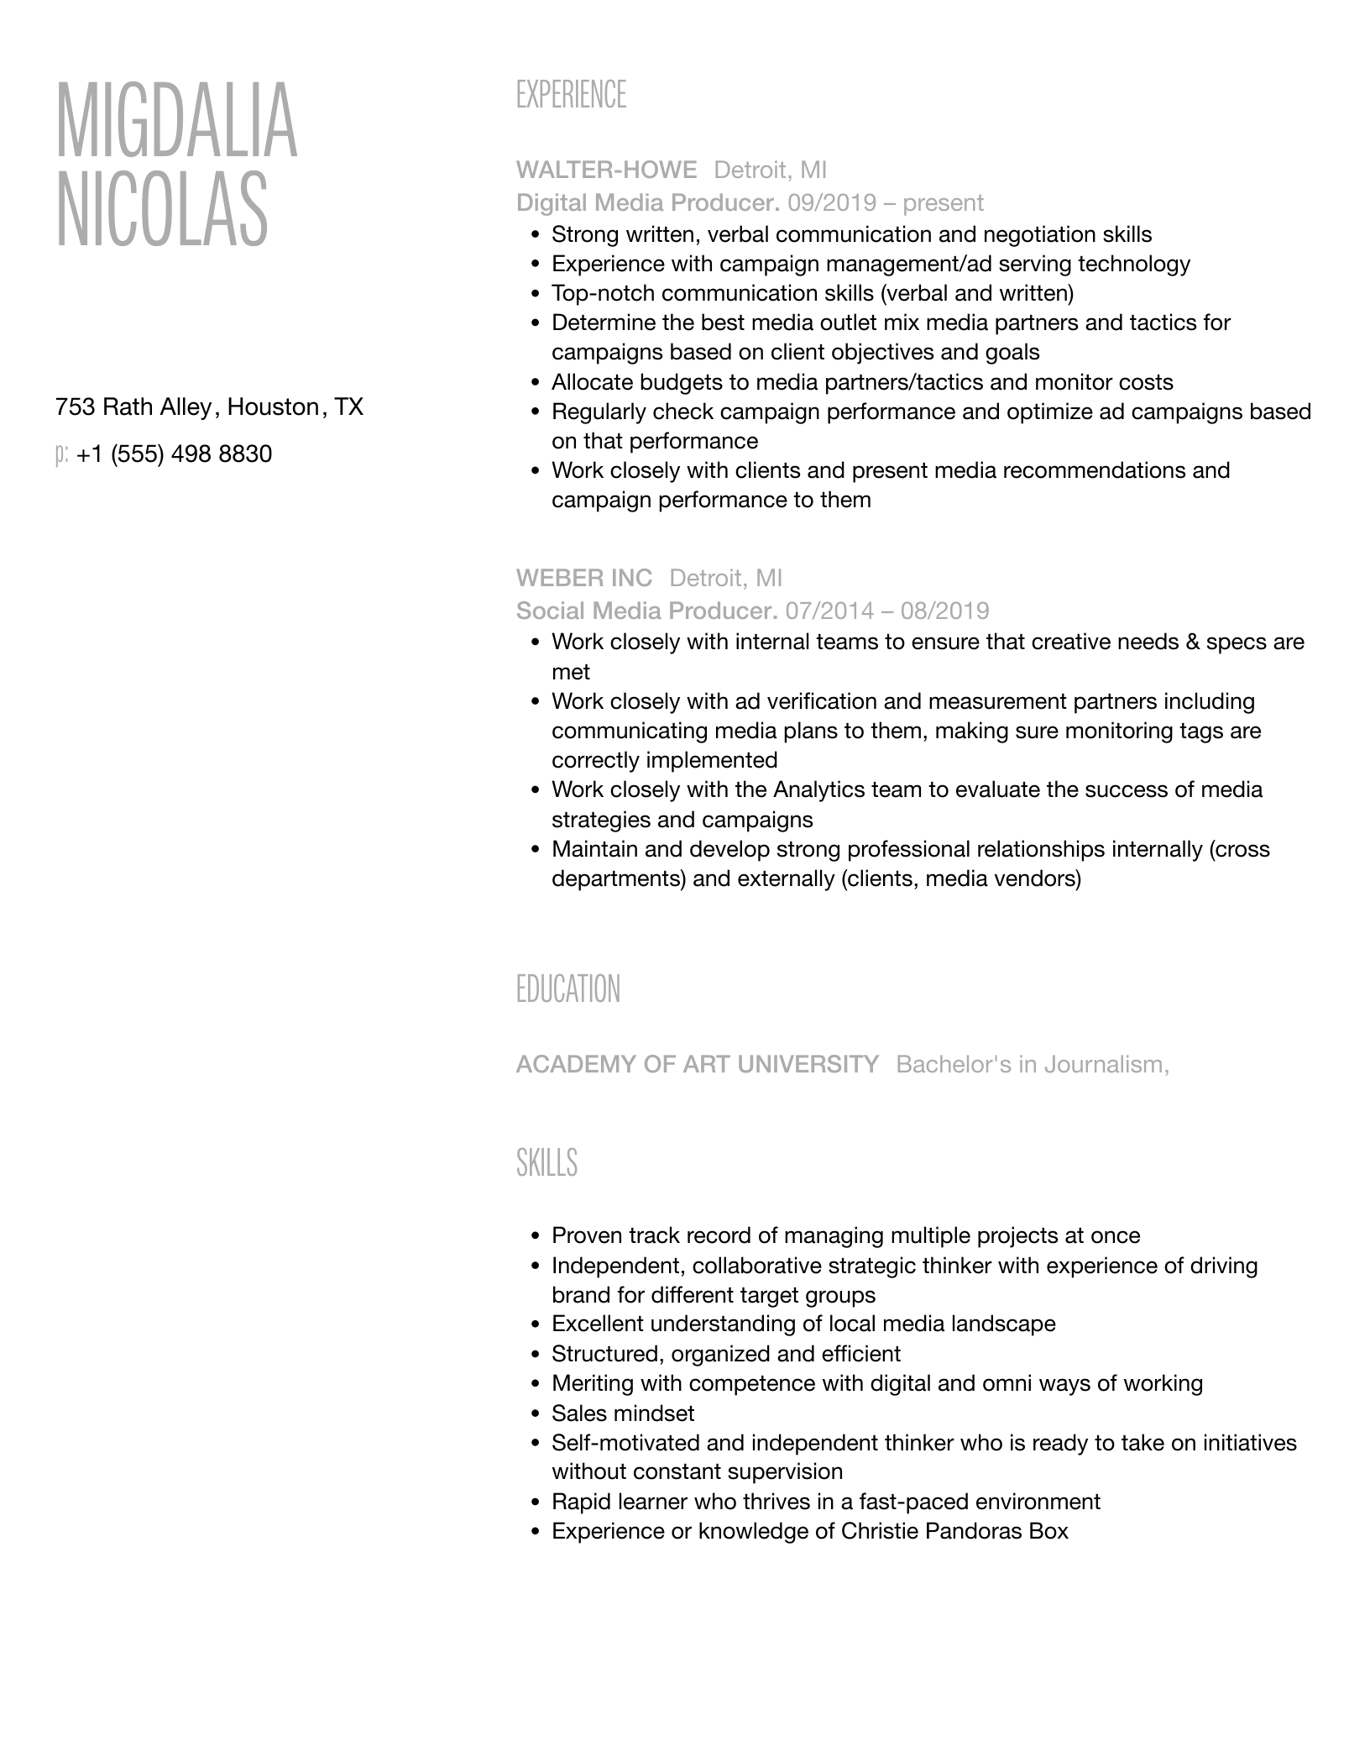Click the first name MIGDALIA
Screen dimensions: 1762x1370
(x=176, y=121)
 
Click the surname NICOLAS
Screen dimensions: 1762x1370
(x=162, y=210)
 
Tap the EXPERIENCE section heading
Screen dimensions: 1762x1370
(x=571, y=95)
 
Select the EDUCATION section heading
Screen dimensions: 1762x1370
(x=568, y=989)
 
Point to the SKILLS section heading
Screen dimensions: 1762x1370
(x=546, y=1163)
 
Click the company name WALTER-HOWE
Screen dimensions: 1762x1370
(x=606, y=170)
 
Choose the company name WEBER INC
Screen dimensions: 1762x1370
(x=583, y=578)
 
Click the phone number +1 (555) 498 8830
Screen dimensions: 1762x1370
(x=174, y=454)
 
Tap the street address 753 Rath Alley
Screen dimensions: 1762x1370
(x=133, y=407)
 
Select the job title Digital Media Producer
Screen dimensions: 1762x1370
(x=647, y=202)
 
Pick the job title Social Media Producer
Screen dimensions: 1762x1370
(x=646, y=611)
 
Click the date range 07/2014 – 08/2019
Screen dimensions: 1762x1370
(x=887, y=611)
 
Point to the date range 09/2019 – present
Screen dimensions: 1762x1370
(x=886, y=202)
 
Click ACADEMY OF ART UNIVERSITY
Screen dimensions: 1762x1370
(x=697, y=1064)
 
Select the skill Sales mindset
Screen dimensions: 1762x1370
(x=623, y=1413)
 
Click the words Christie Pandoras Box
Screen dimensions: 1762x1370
(x=954, y=1531)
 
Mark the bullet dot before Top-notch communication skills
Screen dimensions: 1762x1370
(x=536, y=294)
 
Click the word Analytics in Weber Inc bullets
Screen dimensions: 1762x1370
(x=818, y=789)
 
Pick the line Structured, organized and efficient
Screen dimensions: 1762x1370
(x=725, y=1354)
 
